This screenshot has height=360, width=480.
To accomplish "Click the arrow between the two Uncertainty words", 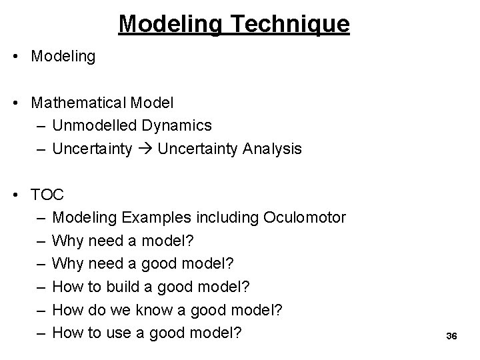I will click(146, 149).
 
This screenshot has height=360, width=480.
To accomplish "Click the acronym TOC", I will click(47, 195).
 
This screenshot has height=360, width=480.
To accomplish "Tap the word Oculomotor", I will click(305, 217).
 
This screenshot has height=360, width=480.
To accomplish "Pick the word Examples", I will click(144, 217).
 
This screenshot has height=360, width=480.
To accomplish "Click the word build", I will click(119, 286).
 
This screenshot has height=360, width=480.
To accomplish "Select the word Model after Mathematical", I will click(153, 103).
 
